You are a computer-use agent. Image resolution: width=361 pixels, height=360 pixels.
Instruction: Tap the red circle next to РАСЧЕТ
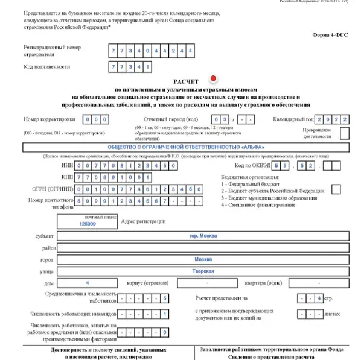point(212,78)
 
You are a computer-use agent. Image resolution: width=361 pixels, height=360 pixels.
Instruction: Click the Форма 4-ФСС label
point(329,34)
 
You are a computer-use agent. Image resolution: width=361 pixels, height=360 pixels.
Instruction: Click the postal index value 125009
point(88,223)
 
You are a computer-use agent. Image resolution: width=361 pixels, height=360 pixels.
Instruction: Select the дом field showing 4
point(88,282)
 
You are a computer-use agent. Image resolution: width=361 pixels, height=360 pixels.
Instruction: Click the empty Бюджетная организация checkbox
point(336,189)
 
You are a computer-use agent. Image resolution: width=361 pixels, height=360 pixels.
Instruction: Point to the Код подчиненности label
point(47,66)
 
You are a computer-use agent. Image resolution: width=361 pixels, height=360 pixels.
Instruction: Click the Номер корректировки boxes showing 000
point(96,120)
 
